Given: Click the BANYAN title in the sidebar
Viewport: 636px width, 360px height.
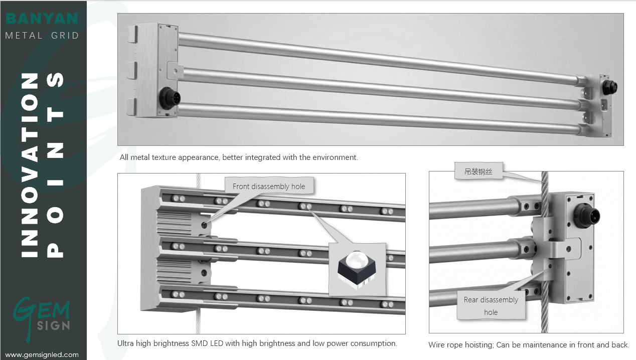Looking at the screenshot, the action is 42,19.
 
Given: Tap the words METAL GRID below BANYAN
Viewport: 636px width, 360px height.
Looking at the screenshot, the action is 42,36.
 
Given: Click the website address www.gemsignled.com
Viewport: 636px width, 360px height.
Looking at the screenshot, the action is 42,354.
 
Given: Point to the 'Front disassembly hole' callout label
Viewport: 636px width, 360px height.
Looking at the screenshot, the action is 269,186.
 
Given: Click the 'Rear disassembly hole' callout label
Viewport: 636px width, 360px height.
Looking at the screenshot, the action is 491,306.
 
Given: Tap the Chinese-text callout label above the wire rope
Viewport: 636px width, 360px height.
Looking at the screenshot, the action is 479,171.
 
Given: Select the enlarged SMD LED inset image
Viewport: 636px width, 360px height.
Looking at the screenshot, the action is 358,269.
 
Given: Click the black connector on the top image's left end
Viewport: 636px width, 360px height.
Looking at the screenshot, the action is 170,98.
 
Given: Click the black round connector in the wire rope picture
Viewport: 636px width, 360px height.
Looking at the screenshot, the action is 586,216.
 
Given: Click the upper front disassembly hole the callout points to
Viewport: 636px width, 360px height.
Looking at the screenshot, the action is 204,225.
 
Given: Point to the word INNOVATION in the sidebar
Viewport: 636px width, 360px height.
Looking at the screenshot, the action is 30,165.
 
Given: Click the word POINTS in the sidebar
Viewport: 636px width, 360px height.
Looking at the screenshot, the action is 55,165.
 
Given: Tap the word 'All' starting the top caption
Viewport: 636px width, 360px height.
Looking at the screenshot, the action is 124,157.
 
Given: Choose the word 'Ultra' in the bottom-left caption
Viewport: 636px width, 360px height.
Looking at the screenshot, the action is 125,343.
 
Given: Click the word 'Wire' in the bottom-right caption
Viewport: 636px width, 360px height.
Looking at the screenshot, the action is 436,344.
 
